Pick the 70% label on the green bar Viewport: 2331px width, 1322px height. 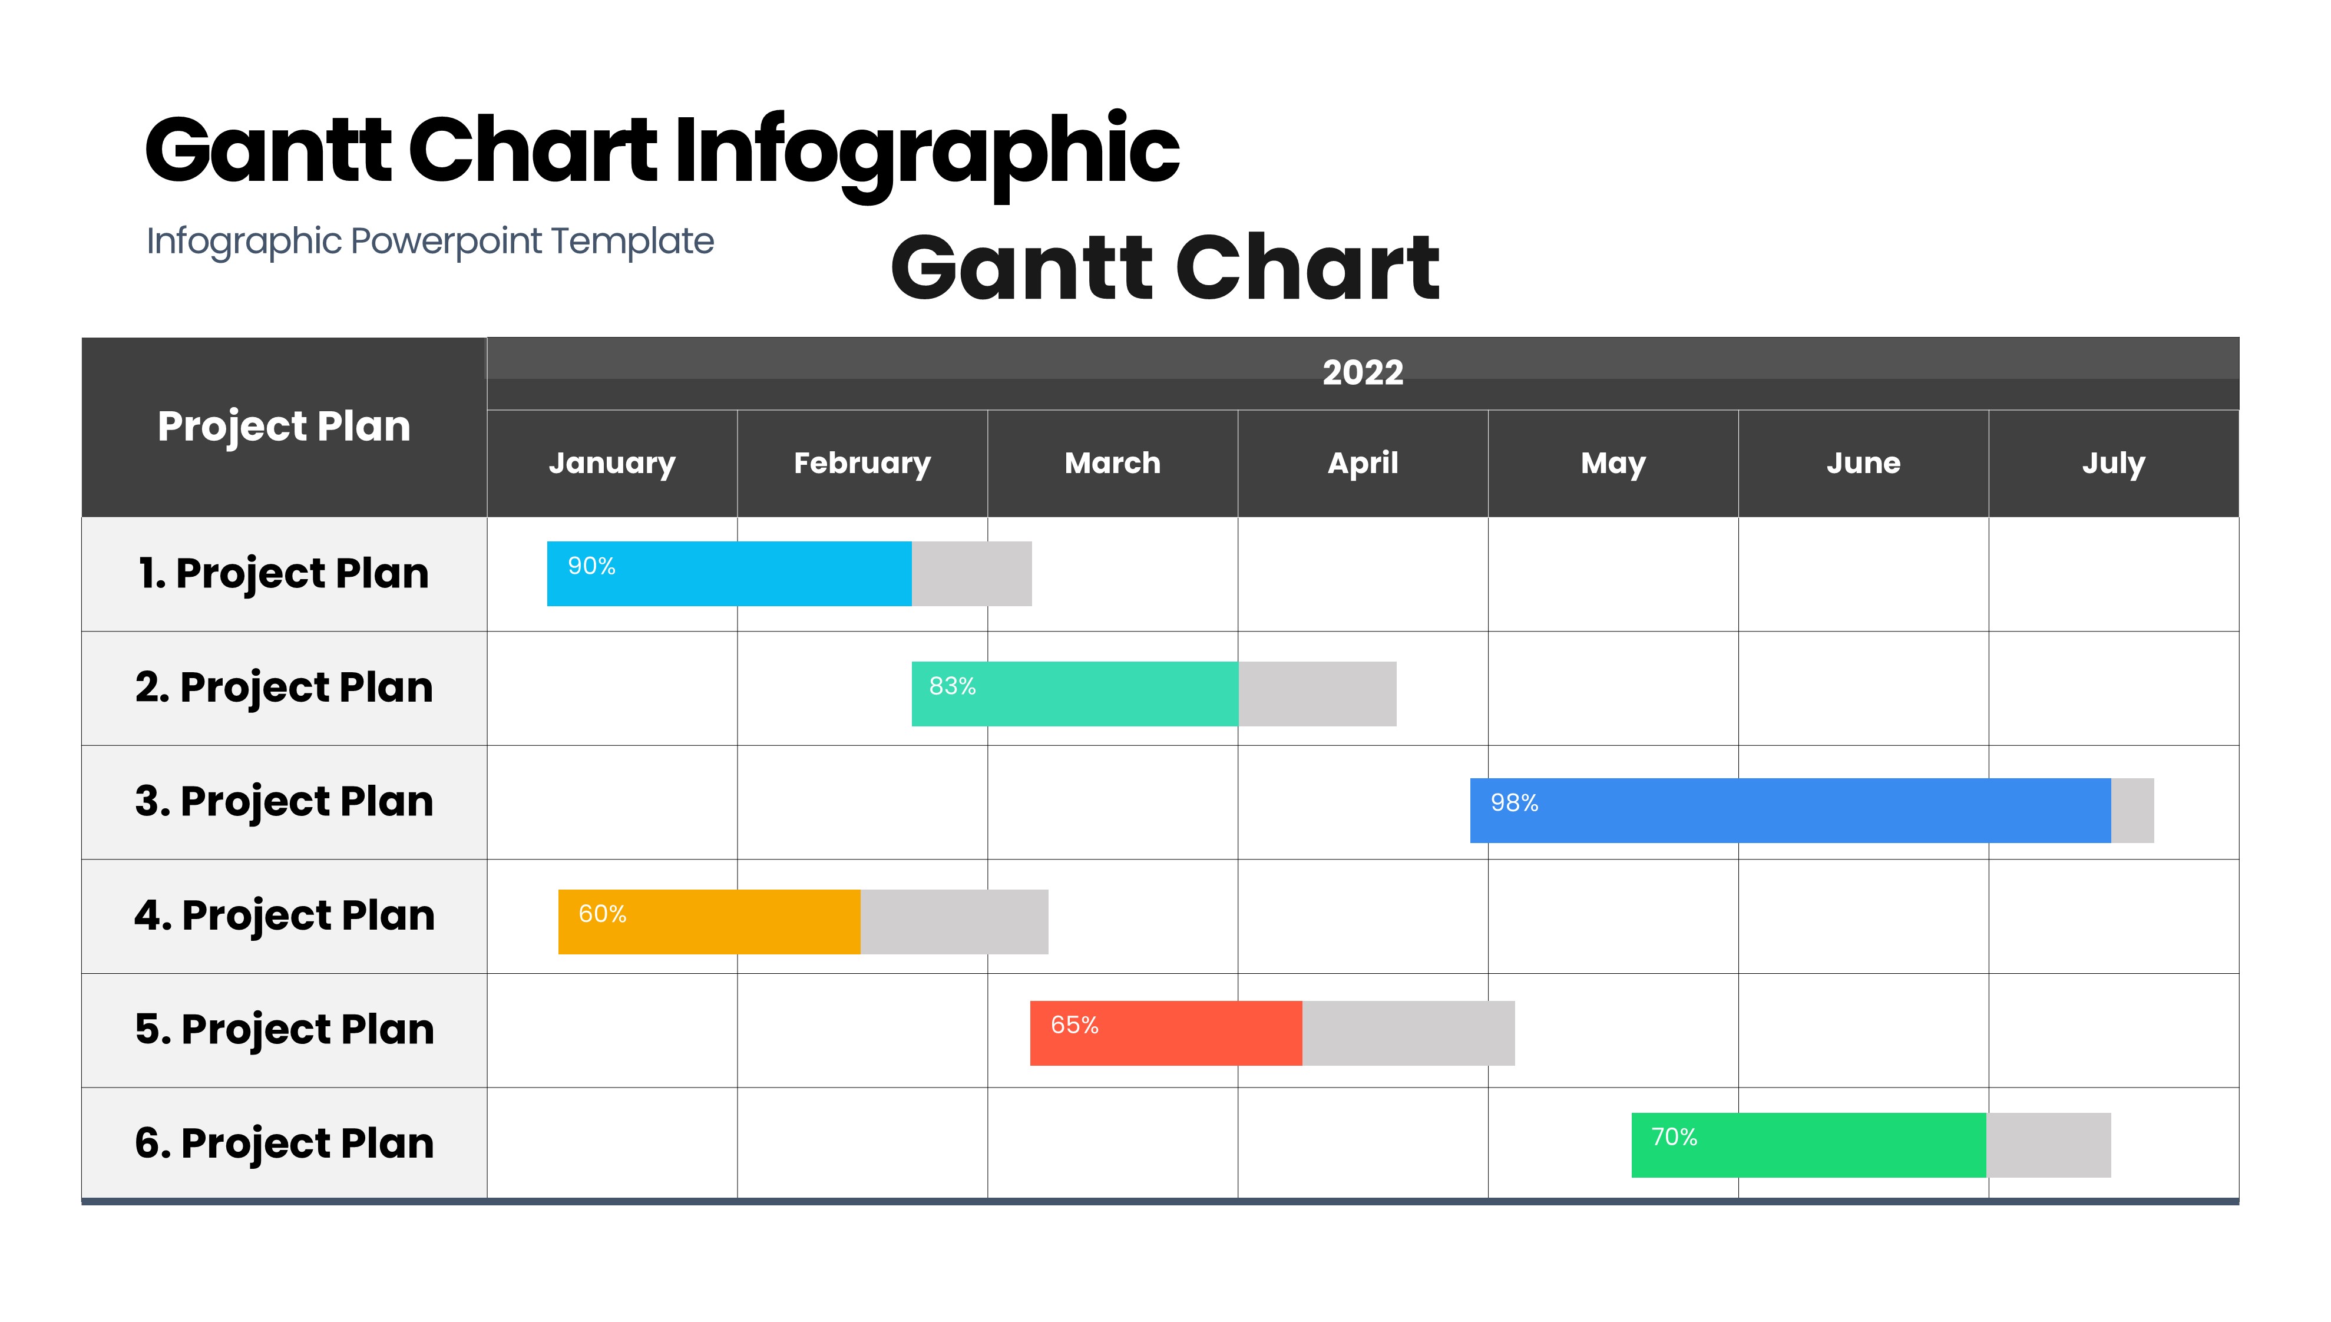pos(1674,1137)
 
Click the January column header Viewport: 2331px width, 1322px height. pos(612,464)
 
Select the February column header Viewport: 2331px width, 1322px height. pos(862,464)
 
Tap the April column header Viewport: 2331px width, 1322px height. pos(1363,464)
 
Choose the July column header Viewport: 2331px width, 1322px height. pos(2113,464)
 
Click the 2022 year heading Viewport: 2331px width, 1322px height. pos(1363,372)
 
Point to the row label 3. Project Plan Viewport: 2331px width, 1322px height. pos(284,802)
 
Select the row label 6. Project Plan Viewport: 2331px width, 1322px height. pos(284,1143)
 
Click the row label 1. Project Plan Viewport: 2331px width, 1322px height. pos(284,574)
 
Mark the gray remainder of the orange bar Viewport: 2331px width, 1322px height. pos(954,921)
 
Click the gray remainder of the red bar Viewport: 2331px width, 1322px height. pos(1408,1033)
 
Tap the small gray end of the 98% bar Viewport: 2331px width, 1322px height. pos(2132,810)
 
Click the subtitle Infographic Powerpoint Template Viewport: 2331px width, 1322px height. pos(430,242)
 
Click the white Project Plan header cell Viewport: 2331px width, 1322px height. pos(284,427)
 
